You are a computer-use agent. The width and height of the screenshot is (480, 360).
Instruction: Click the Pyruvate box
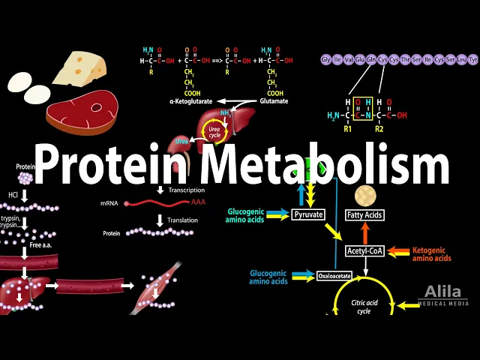coord(309,214)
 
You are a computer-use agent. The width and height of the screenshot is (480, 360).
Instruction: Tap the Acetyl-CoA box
coord(365,251)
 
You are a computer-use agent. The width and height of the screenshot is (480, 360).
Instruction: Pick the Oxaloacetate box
coord(334,275)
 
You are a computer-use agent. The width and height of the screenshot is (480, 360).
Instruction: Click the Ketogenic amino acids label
coord(432,253)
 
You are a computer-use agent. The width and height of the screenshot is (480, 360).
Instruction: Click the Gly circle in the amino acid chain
coord(325,59)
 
